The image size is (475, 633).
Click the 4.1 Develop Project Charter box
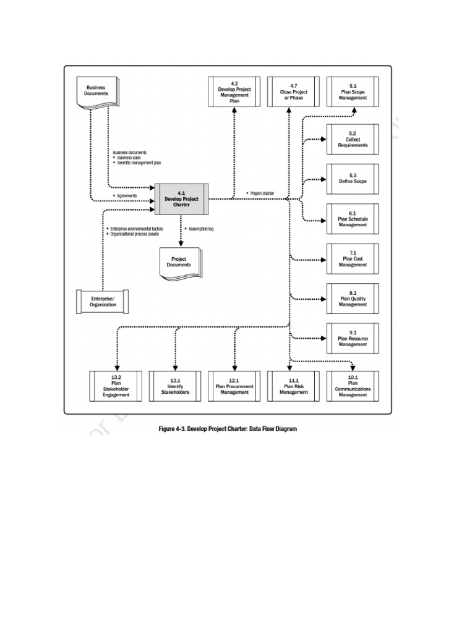click(x=181, y=199)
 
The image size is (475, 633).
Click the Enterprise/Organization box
click(x=103, y=301)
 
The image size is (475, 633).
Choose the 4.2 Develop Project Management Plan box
click(x=234, y=92)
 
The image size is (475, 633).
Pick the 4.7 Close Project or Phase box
click(x=293, y=92)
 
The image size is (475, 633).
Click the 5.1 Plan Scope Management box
click(x=353, y=92)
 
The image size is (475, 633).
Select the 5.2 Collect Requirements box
click(x=353, y=140)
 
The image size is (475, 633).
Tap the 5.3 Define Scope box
click(x=353, y=179)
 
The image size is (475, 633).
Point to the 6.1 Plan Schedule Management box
click(x=353, y=219)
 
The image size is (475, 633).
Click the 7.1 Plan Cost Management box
click(x=353, y=259)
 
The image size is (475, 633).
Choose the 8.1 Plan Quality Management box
click(x=353, y=299)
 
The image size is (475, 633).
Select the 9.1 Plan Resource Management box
click(x=353, y=339)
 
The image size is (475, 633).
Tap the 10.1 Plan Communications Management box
click(x=353, y=386)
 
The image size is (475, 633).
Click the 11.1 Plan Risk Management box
click(x=293, y=386)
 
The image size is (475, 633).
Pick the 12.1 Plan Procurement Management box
click(x=234, y=386)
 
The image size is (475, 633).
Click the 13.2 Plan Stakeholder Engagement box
click(x=116, y=386)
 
